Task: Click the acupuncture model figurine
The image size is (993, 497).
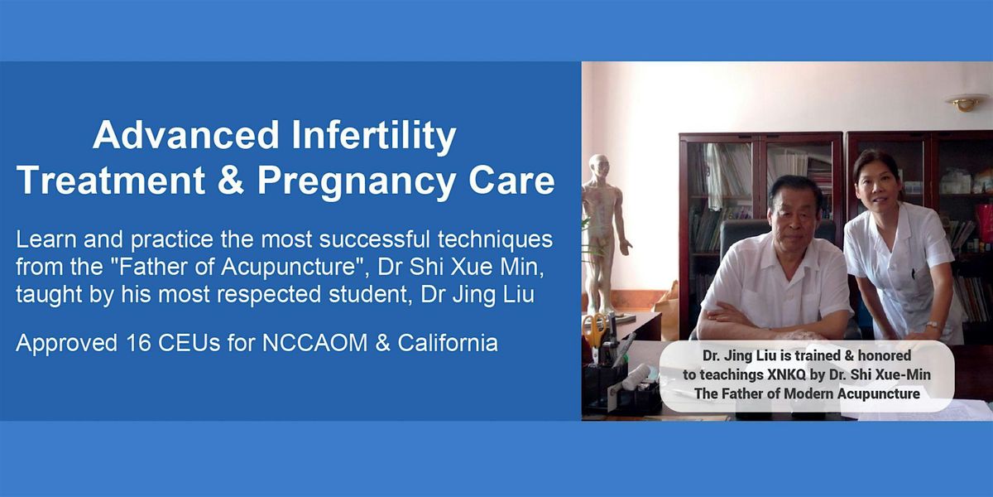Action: point(602,231)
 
